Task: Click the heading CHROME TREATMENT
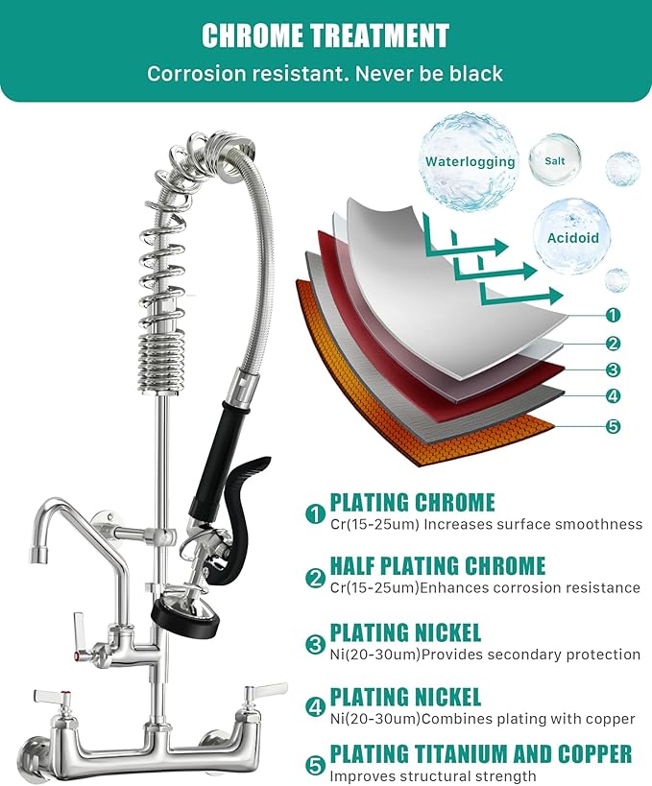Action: tap(325, 36)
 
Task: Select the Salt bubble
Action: tap(554, 160)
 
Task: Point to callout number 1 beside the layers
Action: tap(613, 315)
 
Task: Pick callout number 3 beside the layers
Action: tap(613, 369)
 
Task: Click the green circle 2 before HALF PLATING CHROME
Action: tap(315, 577)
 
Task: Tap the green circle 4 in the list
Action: tap(315, 707)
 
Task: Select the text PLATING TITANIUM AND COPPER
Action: tap(480, 753)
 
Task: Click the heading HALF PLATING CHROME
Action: tap(437, 566)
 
